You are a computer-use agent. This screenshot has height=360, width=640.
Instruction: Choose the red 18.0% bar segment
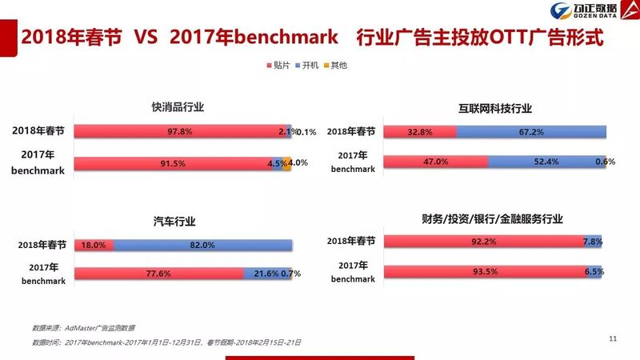(x=94, y=246)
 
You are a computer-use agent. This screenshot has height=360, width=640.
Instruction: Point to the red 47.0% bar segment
(x=436, y=162)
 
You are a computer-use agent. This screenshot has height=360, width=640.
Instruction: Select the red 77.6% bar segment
(x=158, y=274)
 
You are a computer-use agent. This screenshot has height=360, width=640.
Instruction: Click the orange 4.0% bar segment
(x=287, y=163)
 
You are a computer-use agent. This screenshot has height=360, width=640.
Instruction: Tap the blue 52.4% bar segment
(x=544, y=162)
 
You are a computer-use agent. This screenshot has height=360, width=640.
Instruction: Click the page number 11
(x=613, y=339)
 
